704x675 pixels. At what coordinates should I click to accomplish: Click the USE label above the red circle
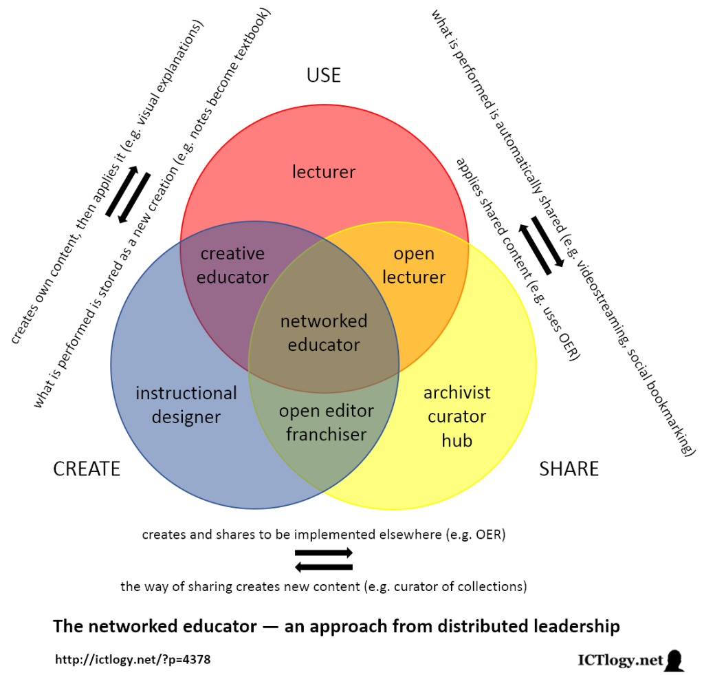click(323, 75)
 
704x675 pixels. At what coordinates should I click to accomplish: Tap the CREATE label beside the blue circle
click(87, 469)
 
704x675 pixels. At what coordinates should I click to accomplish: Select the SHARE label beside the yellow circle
click(569, 469)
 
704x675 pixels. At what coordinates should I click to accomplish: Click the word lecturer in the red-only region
click(324, 171)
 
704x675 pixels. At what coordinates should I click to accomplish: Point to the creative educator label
click(232, 265)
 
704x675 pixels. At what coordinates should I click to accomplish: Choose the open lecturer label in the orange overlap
click(414, 265)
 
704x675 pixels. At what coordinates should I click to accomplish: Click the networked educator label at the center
click(324, 332)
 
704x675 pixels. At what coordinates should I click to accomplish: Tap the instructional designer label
click(186, 405)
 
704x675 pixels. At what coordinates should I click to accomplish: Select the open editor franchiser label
click(327, 422)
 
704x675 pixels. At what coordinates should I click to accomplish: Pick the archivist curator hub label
click(457, 416)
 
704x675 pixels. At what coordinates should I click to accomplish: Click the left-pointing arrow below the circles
click(324, 567)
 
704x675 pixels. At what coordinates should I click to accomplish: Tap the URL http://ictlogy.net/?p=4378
click(133, 659)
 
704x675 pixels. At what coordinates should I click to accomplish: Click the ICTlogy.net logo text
click(619, 661)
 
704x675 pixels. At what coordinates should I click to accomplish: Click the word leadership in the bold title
click(571, 627)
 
